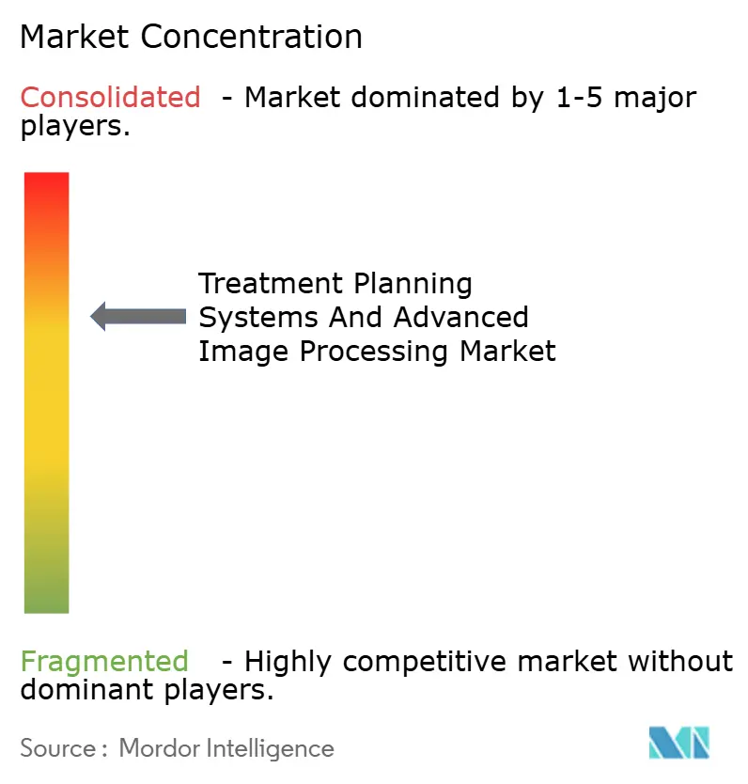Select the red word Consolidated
coord(110,97)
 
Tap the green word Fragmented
coord(104,662)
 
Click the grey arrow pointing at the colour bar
coord(138,317)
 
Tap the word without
coord(680,662)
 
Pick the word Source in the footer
coord(56,748)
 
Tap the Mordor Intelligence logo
coord(678,743)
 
